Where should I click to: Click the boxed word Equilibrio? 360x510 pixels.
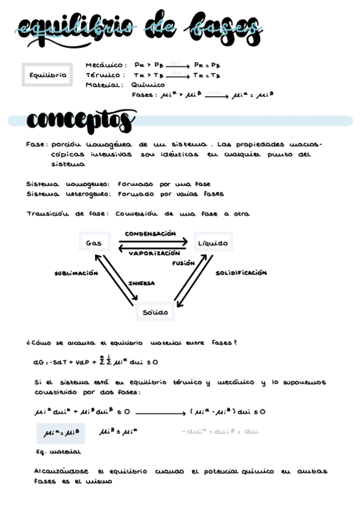coord(47,75)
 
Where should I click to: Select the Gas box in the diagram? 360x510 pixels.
coord(94,243)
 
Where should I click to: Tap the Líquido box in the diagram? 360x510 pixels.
coord(213,243)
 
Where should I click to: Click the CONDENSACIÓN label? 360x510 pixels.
coord(150,233)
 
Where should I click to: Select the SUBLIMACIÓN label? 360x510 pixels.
coord(76,273)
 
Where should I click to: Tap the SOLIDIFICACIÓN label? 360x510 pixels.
coord(241,273)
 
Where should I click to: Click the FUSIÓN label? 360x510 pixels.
coord(183,263)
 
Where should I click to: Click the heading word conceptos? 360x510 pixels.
coord(81,121)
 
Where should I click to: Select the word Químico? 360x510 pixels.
coord(147,85)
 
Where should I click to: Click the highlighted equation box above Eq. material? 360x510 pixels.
coord(61,432)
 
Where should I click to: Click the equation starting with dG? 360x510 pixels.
coord(96,362)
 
